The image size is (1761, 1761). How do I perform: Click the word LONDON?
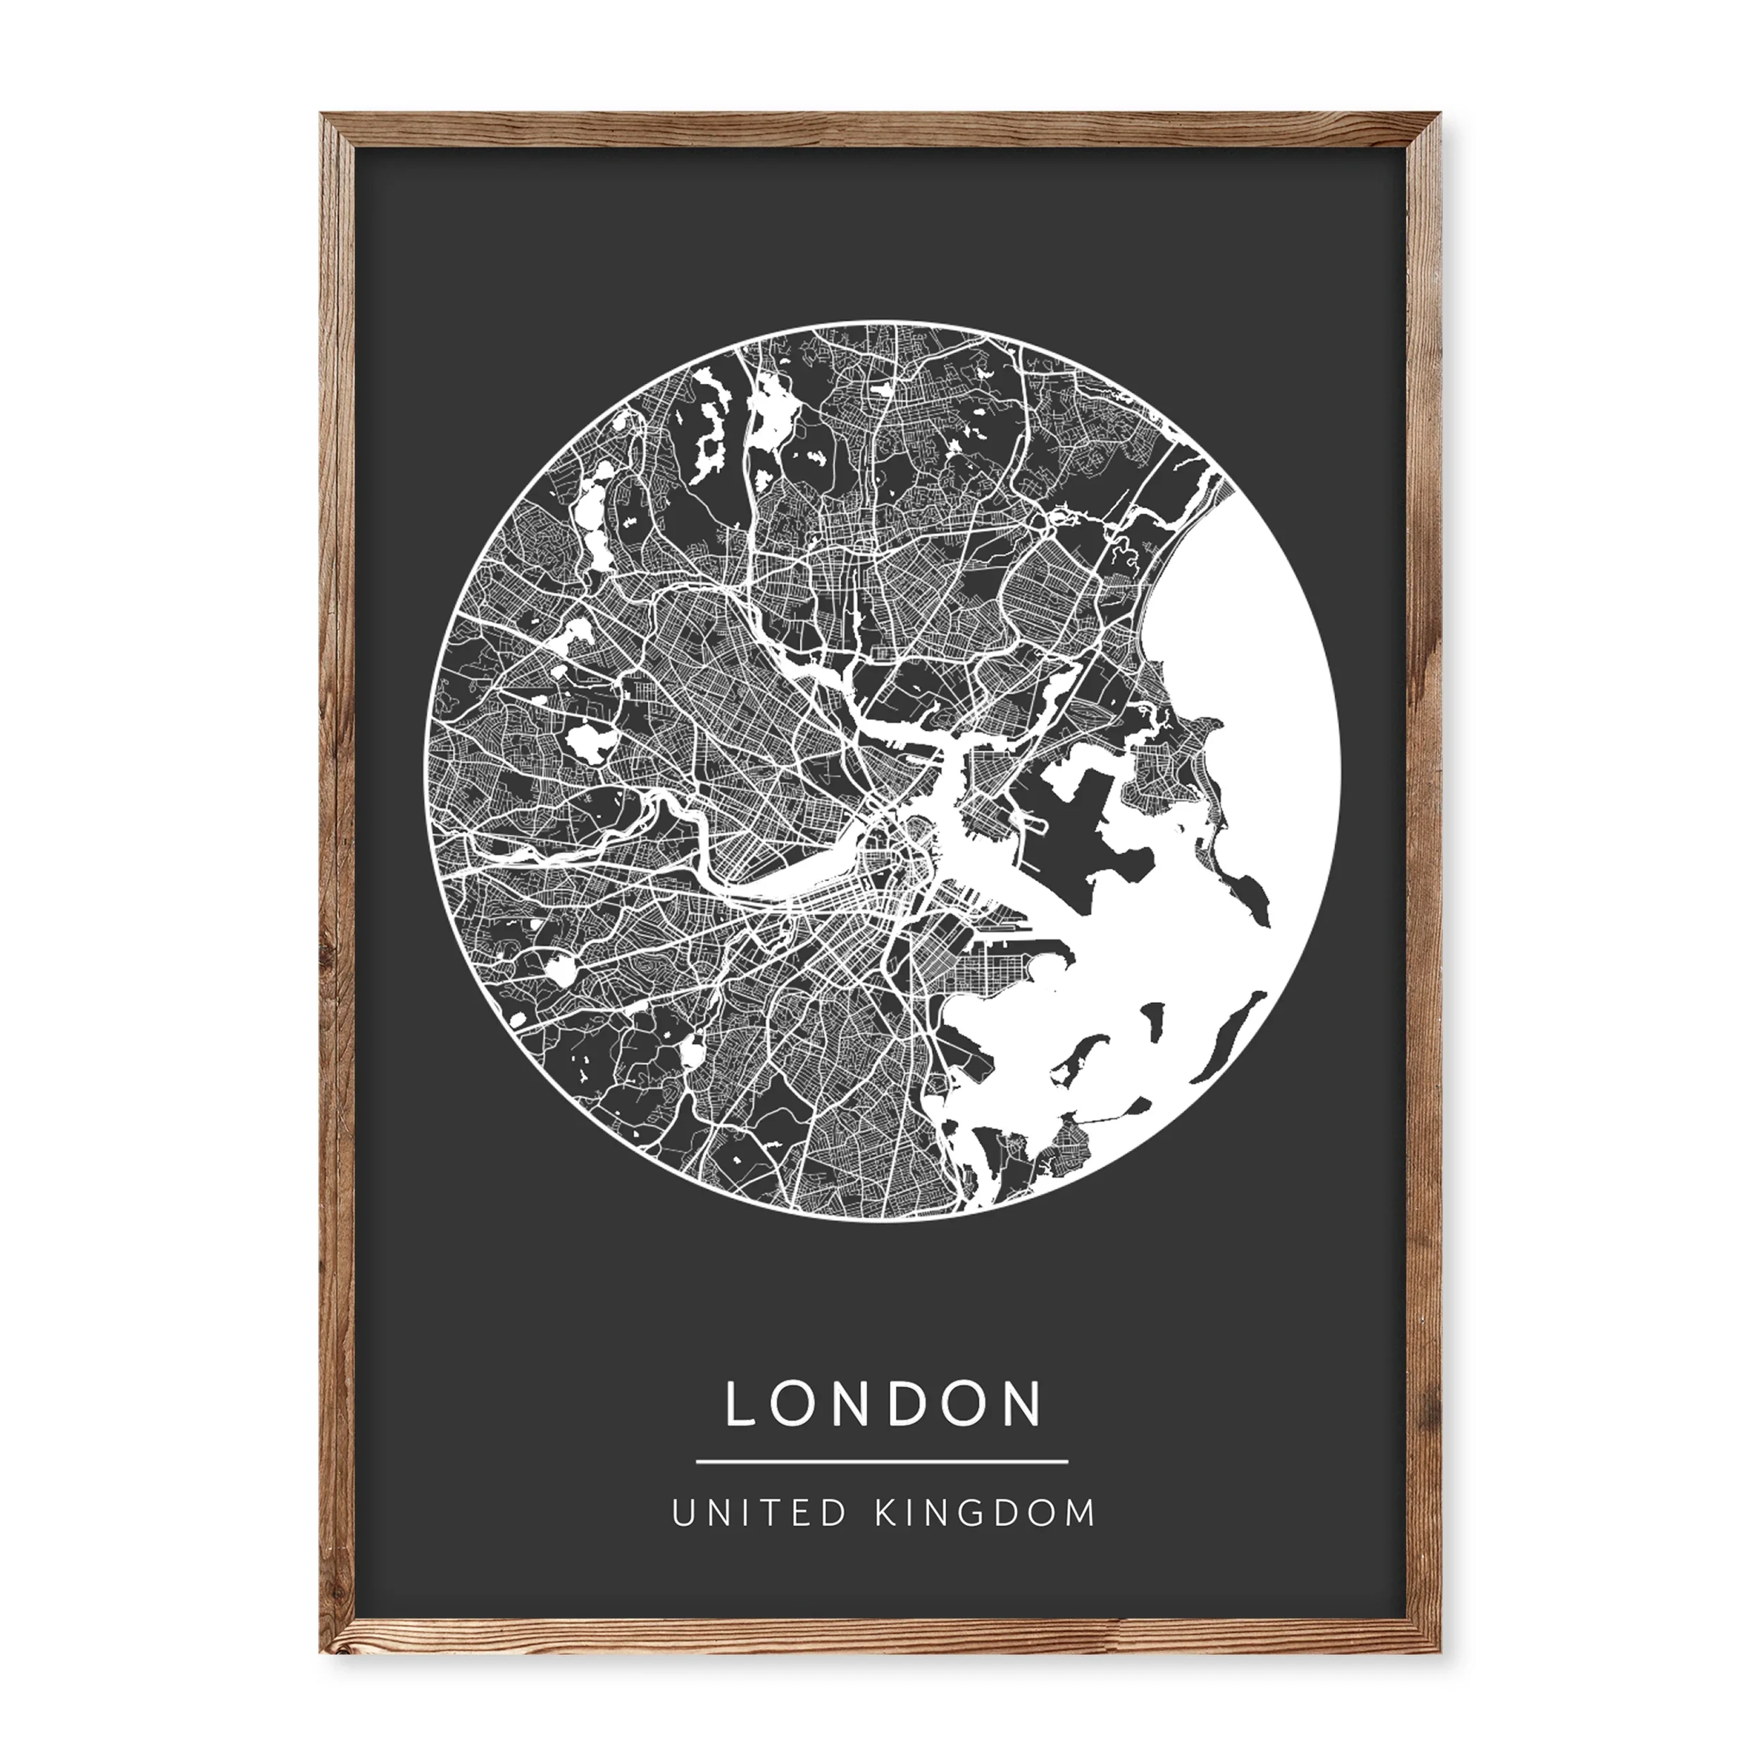pos(883,1404)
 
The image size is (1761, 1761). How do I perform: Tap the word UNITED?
pos(759,1513)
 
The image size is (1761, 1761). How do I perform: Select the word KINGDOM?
pos(985,1513)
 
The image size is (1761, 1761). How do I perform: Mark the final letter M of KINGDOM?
pos(1083,1513)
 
